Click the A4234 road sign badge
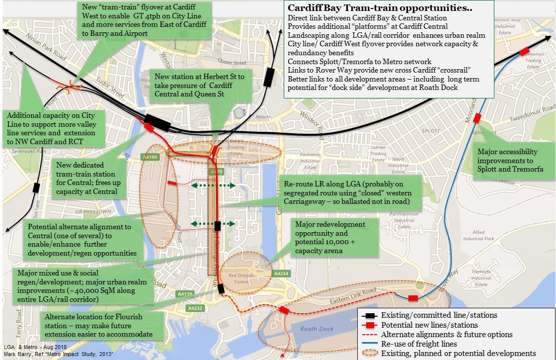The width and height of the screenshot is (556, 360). pyautogui.click(x=281, y=273)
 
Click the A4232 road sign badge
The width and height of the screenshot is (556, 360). pyautogui.click(x=194, y=308)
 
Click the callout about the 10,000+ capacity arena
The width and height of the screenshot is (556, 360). pyautogui.click(x=330, y=238)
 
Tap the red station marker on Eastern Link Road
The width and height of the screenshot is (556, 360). pyautogui.click(x=412, y=298)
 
